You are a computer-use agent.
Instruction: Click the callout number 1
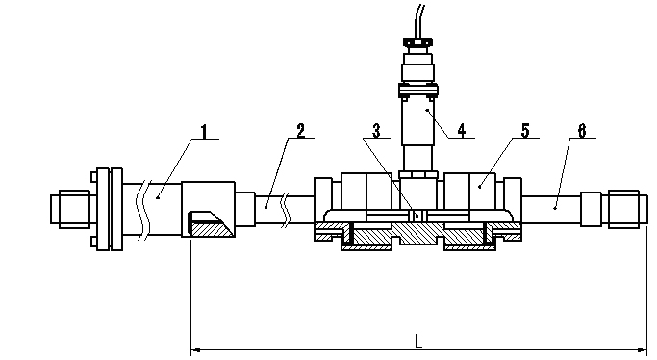pyautogui.click(x=204, y=132)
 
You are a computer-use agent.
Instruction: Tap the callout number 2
pyautogui.click(x=301, y=131)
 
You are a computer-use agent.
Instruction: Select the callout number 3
pyautogui.click(x=377, y=131)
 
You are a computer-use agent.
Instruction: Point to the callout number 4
pyautogui.click(x=462, y=130)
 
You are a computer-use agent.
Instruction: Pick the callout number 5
pyautogui.click(x=525, y=130)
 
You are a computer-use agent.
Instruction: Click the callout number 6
pyautogui.click(x=582, y=130)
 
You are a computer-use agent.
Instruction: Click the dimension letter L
pyautogui.click(x=418, y=341)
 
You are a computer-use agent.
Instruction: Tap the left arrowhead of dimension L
pyautogui.click(x=196, y=349)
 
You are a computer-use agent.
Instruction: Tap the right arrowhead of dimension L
pyautogui.click(x=643, y=349)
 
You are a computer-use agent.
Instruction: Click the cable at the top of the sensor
pyautogui.click(x=419, y=21)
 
